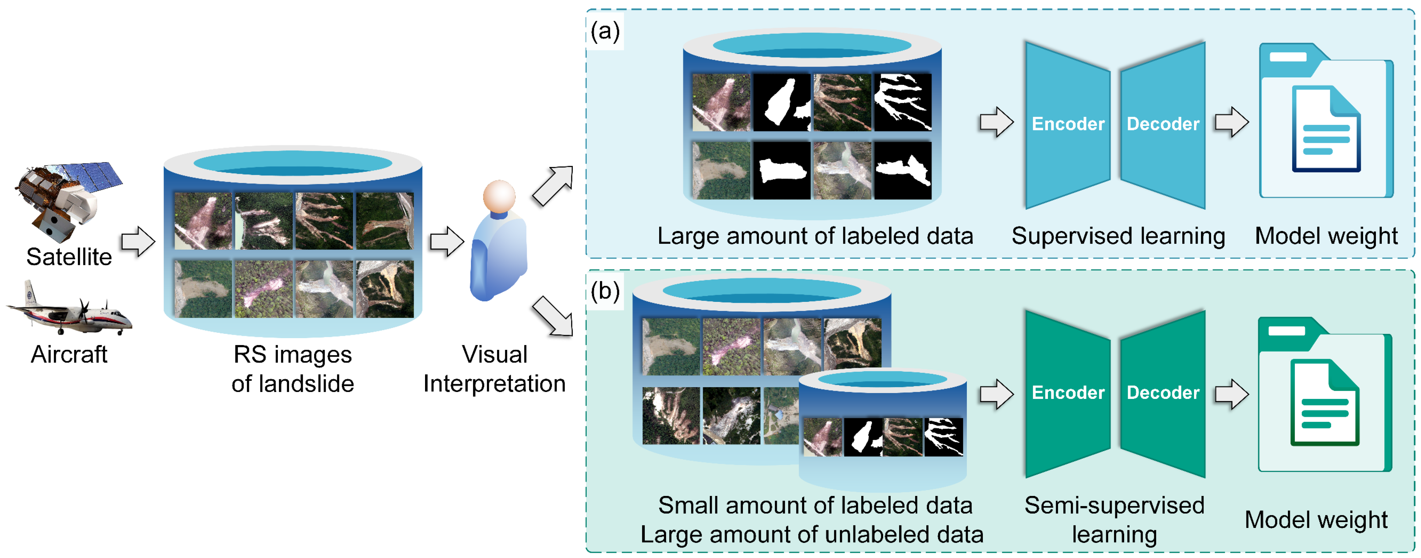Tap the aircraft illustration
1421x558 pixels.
click(x=69, y=312)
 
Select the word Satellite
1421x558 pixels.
click(x=69, y=257)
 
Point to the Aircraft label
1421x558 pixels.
click(x=69, y=354)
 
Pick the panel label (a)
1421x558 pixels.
click(x=605, y=31)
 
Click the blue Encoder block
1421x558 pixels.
click(x=1068, y=124)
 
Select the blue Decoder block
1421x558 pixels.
click(x=1163, y=124)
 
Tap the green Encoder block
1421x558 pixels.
click(x=1068, y=393)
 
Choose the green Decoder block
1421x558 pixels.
click(x=1163, y=393)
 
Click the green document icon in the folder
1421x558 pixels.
click(x=1325, y=402)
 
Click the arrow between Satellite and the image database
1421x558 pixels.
click(x=138, y=241)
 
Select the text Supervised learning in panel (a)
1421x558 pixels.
click(x=1118, y=236)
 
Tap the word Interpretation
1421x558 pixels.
click(x=494, y=384)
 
